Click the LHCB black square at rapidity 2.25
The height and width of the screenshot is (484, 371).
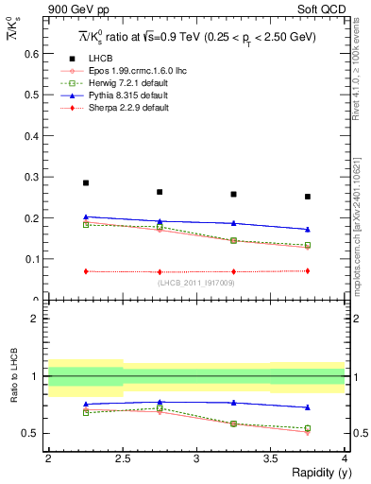(86, 183)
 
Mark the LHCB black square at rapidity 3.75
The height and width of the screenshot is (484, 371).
(308, 197)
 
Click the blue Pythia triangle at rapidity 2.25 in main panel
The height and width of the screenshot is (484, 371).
(86, 216)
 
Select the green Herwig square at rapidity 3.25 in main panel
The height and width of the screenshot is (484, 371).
(233, 240)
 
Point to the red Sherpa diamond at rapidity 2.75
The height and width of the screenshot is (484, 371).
(160, 272)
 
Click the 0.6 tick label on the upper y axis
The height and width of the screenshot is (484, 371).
(32, 54)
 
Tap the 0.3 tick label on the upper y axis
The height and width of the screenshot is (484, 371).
(32, 177)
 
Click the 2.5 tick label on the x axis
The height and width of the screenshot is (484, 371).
(123, 458)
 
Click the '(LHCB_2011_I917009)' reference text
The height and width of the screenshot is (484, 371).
(196, 283)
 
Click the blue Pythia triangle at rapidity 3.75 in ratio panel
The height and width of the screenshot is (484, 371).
(308, 407)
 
